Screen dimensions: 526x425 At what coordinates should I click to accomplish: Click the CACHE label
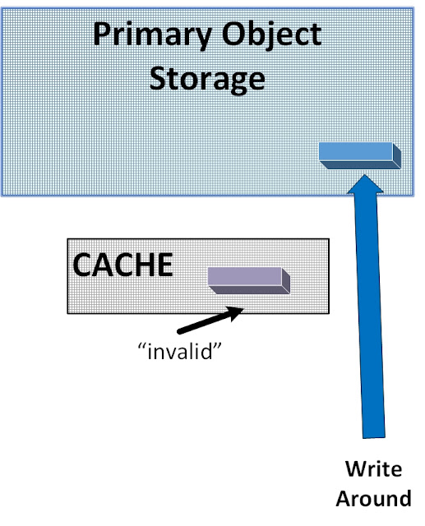click(x=123, y=265)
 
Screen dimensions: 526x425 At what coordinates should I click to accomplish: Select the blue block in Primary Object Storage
click(x=357, y=152)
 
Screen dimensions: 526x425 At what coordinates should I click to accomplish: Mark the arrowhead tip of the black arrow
click(x=244, y=309)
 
